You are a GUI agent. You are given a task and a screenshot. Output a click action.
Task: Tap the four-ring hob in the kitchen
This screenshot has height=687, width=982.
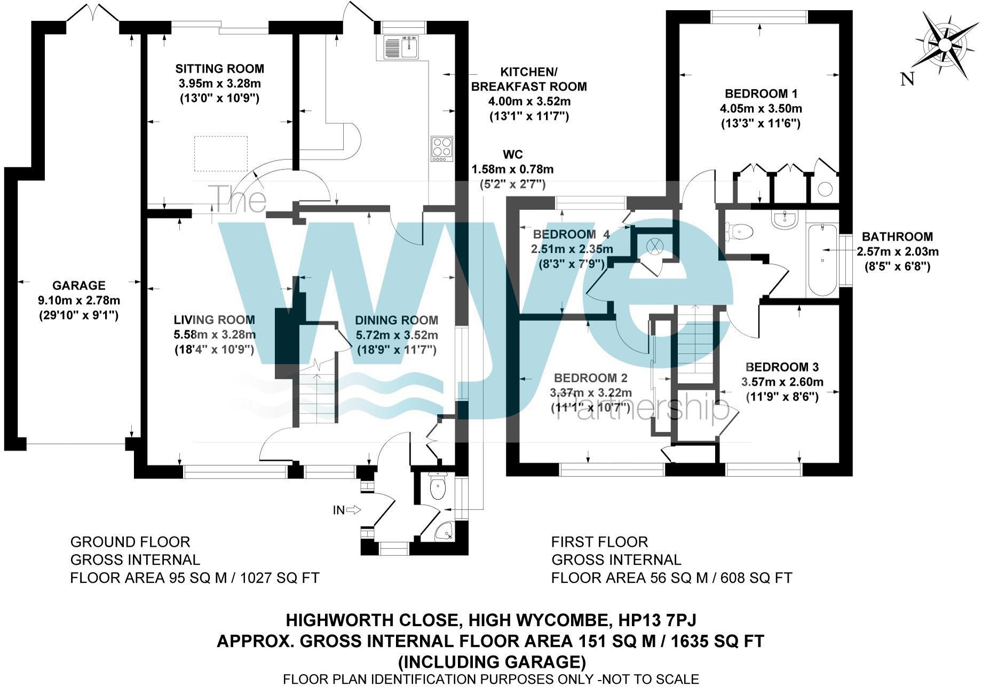(442, 149)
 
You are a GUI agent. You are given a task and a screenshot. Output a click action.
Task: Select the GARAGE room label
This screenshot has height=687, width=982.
(78, 285)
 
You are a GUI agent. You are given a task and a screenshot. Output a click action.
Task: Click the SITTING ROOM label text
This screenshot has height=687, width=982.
(219, 68)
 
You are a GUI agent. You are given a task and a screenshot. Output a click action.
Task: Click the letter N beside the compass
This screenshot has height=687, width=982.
(907, 79)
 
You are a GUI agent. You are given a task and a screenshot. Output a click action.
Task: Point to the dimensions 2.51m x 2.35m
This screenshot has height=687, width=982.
(572, 249)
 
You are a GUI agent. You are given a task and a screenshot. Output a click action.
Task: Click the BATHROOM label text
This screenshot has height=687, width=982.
(897, 236)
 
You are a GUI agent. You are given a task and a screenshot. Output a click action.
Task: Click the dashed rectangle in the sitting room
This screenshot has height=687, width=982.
(221, 154)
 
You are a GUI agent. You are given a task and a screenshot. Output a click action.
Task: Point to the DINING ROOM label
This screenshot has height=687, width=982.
(397, 320)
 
